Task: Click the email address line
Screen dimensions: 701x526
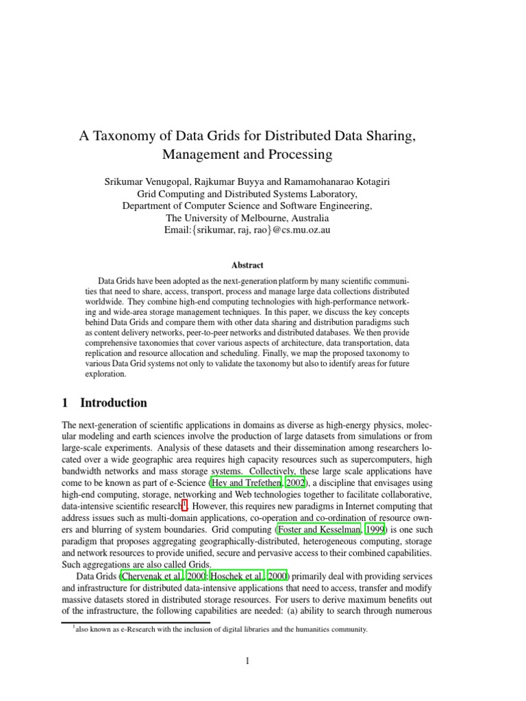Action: click(247, 230)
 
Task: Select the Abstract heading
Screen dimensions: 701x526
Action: click(247, 265)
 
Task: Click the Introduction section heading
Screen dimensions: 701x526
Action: click(114, 403)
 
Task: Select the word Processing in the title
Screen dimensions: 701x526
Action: click(301, 155)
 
